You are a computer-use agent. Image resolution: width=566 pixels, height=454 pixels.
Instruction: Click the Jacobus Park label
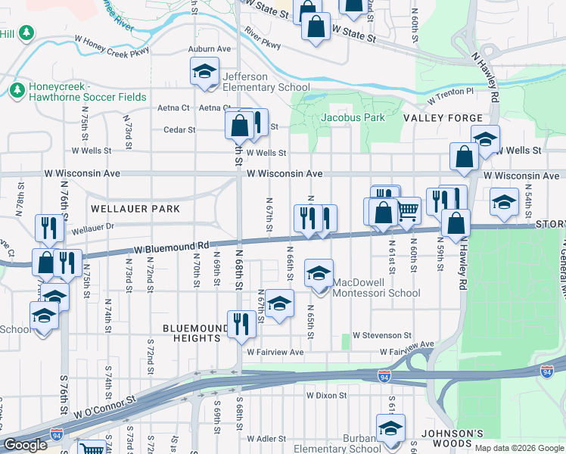(353, 117)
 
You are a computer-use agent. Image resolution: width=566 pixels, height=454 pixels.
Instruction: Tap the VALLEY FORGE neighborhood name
(443, 118)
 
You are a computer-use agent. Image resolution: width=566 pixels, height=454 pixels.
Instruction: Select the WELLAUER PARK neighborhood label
(135, 208)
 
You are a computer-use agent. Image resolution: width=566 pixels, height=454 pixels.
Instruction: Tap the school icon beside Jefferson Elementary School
(203, 73)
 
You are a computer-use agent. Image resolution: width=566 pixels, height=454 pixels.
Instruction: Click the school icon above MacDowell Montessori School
(319, 272)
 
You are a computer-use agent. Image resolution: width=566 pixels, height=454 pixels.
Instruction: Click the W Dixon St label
(326, 395)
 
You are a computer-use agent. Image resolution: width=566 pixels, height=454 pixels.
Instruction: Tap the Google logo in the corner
(25, 445)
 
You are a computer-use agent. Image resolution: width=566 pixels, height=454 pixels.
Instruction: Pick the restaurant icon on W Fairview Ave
(240, 324)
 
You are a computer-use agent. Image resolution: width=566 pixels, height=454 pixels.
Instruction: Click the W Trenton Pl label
(449, 95)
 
